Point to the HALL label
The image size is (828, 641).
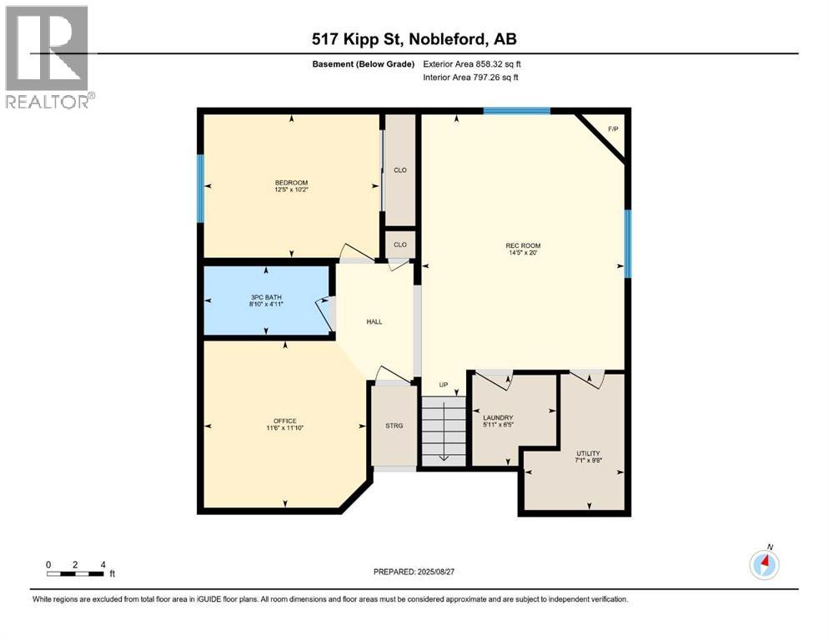click(374, 321)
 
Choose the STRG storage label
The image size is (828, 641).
click(394, 426)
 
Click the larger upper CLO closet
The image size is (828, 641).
click(399, 170)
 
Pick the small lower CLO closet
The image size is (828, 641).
click(399, 245)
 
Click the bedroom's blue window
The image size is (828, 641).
click(200, 188)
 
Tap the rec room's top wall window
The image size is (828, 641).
click(516, 110)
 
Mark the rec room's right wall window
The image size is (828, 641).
click(628, 243)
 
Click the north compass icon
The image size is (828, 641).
click(765, 564)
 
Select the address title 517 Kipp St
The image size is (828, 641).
click(413, 39)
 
